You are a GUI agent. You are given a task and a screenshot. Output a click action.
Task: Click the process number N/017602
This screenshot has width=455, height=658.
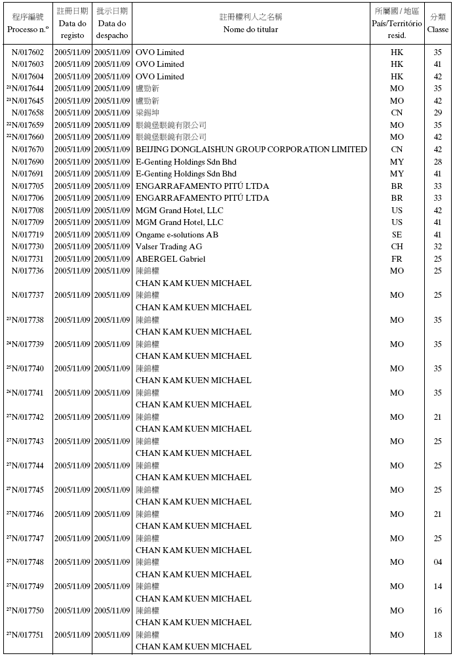[x=28, y=52]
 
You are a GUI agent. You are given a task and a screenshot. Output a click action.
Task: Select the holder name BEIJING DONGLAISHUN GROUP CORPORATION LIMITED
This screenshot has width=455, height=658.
[x=251, y=150]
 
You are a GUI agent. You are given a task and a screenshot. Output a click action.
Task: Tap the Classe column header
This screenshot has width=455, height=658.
[x=437, y=23]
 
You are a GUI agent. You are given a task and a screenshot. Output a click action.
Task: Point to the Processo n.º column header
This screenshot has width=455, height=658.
[x=28, y=23]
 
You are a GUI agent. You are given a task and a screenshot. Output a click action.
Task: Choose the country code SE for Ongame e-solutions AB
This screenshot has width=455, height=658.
[x=397, y=235]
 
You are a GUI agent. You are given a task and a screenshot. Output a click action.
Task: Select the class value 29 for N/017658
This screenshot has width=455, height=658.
[x=437, y=113]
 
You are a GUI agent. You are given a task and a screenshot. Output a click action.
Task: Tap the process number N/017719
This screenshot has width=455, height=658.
[x=28, y=235]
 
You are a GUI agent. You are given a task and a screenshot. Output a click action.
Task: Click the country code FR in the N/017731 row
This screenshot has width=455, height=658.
[x=397, y=259]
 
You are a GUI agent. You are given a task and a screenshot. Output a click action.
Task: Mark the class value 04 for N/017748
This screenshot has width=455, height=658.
[x=437, y=562]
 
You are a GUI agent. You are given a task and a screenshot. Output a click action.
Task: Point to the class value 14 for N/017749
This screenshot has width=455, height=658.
[x=437, y=586]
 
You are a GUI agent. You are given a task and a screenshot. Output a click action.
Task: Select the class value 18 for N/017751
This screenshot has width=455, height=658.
[x=437, y=635]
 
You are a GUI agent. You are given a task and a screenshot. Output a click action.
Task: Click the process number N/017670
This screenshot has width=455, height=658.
[x=28, y=150]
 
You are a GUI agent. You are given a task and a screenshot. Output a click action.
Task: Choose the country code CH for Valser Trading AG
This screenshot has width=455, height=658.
[x=397, y=247]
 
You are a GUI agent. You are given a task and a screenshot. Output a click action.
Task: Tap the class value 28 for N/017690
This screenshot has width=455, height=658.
[x=437, y=162]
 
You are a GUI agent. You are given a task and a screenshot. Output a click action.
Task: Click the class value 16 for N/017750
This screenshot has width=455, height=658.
[x=437, y=611]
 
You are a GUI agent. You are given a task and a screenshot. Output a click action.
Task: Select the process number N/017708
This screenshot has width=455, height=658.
[x=28, y=211]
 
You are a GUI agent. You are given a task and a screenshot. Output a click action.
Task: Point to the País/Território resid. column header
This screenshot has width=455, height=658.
[x=397, y=23]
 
